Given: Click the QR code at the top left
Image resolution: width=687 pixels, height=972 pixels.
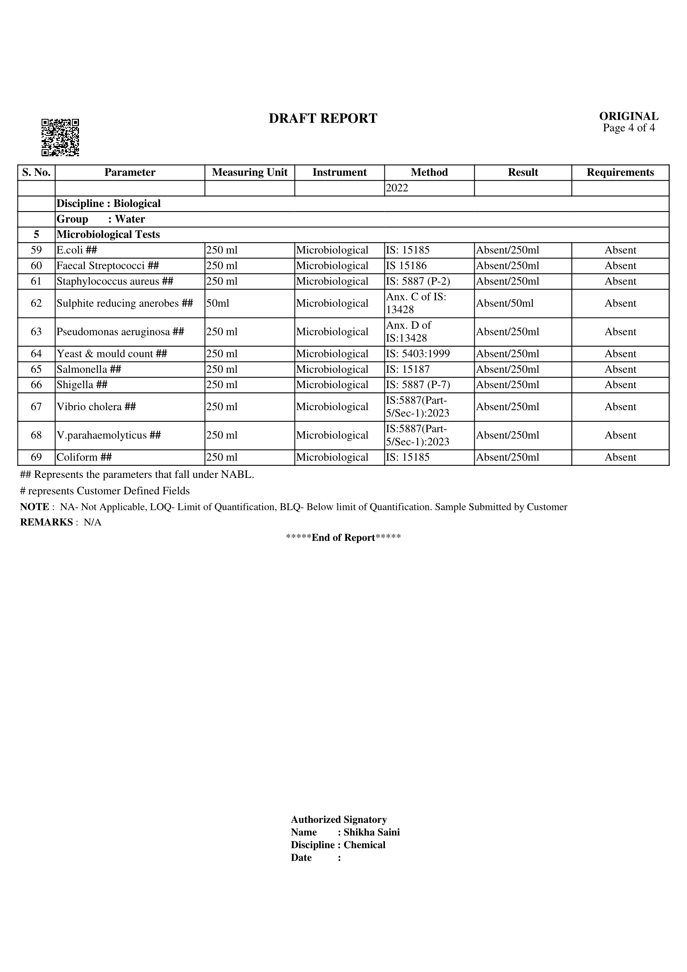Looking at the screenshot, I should point(60,137).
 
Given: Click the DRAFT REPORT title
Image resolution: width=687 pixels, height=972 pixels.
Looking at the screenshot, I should point(323,118).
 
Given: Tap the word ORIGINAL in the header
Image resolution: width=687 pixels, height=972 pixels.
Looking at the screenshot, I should point(628,116).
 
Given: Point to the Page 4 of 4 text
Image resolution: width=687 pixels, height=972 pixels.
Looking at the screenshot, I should point(628,128).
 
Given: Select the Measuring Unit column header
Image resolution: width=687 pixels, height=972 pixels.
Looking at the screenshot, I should point(249,172).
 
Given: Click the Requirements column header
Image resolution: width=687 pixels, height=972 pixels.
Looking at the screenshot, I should point(620,172).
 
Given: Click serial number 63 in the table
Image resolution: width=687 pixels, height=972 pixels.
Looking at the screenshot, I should point(37,332).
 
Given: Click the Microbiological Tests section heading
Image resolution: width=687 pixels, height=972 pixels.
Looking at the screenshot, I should point(108,234).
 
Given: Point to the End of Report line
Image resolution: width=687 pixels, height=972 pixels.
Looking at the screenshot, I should point(343,538).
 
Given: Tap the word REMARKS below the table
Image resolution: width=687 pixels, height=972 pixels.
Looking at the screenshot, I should point(46,522).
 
